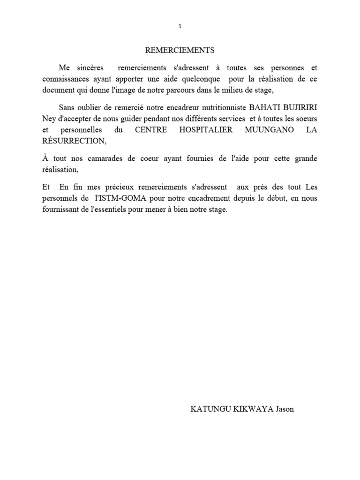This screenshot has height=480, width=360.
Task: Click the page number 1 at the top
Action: (x=180, y=26)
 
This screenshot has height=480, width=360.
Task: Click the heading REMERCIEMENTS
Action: (x=180, y=50)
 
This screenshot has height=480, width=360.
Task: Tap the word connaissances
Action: (x=66, y=79)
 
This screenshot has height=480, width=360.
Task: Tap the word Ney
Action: (x=48, y=118)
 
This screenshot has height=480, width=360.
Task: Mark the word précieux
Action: (x=105, y=187)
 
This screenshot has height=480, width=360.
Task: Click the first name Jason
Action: (x=285, y=409)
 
